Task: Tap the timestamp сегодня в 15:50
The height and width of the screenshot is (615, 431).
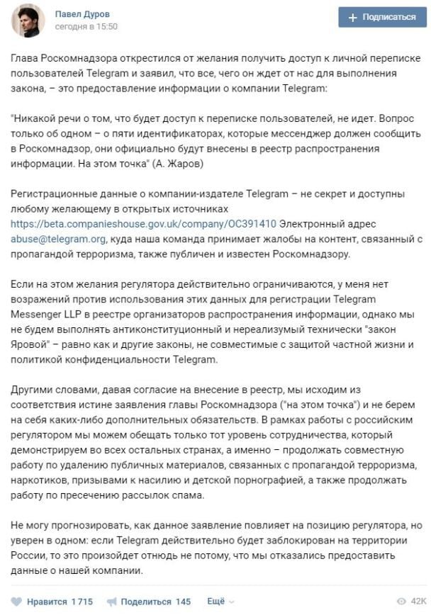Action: coord(86,27)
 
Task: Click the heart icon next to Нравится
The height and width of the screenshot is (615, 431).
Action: coord(17,602)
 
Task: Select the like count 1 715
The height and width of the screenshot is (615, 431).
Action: coord(82,602)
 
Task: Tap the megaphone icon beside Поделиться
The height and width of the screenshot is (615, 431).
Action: coord(111,602)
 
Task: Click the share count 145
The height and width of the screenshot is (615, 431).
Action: coord(183,602)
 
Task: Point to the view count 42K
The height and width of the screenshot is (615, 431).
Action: coord(418,602)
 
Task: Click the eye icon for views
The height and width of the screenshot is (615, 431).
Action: coord(401,602)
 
